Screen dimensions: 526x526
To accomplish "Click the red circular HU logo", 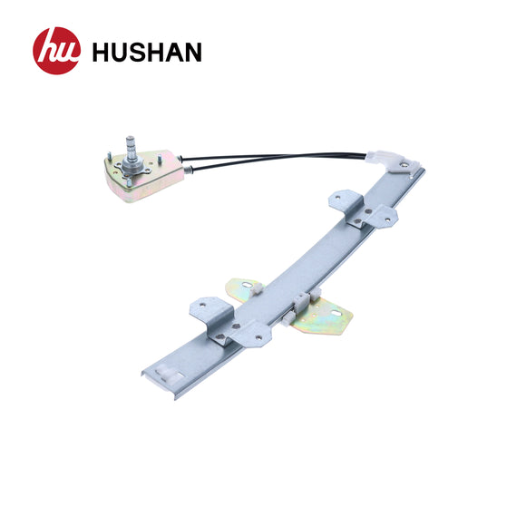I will click(x=56, y=51).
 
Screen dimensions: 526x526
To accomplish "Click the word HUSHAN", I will click(x=146, y=52).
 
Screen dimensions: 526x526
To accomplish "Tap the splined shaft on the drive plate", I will click(x=131, y=151).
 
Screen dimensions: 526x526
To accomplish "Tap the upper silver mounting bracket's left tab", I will click(x=342, y=200).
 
